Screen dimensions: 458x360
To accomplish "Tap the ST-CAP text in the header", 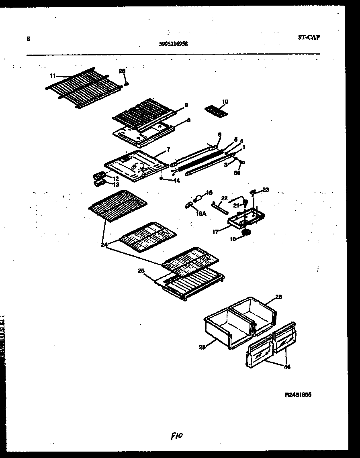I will pos(309,37).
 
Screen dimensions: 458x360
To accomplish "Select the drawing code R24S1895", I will pos(298,395).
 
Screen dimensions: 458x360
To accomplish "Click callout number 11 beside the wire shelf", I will pos(53,75).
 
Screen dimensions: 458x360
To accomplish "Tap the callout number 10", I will pos(225,102).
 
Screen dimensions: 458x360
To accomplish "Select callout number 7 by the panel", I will pos(168,149).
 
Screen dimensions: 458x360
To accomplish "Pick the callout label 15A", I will pos(201,214).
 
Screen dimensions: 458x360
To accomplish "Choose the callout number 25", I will pos(141,271).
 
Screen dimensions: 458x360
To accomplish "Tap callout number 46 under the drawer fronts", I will pos(287,367).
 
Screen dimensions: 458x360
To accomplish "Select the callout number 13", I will pos(116,185).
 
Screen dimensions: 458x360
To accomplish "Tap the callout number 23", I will pos(266,189).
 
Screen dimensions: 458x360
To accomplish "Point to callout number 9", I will pos(186,105).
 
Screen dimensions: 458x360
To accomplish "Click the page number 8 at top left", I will pos(28,39).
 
